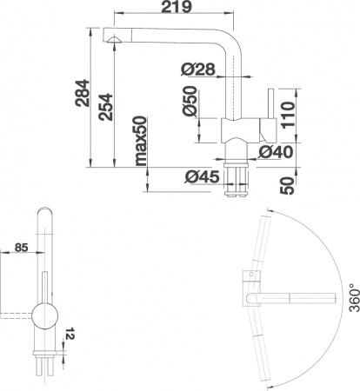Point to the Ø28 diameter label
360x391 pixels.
pos(198,69)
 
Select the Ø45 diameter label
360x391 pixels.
pos(199,179)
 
